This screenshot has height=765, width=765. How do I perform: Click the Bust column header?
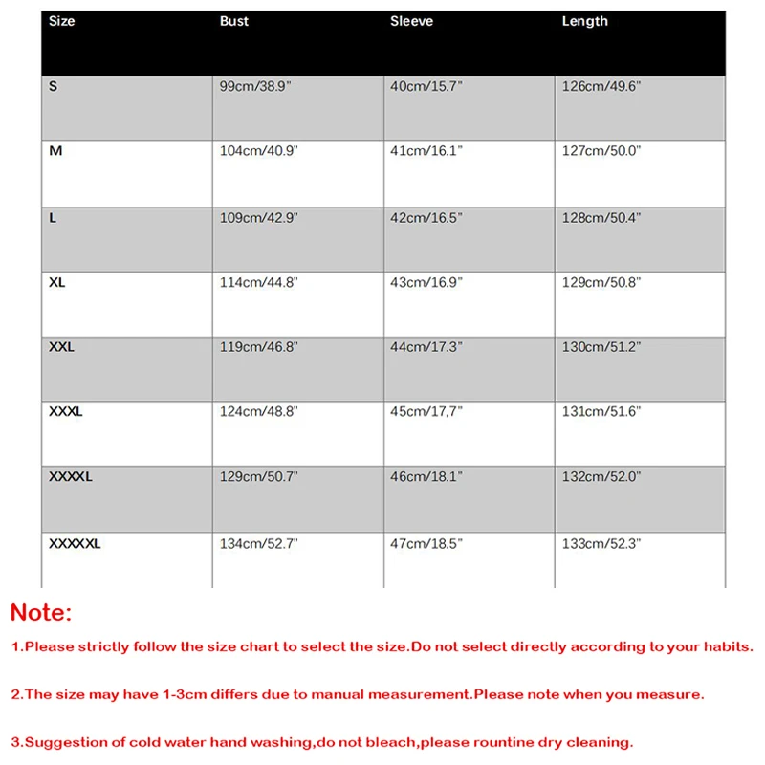(234, 21)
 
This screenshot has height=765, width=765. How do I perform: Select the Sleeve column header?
(411, 21)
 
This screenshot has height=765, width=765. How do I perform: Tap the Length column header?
(584, 21)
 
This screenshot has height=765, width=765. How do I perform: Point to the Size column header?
(61, 21)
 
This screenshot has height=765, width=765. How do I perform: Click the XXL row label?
(61, 347)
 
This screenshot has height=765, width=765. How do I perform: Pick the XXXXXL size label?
(75, 544)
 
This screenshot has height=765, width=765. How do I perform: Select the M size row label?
(55, 151)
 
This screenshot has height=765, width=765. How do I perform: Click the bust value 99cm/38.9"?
(259, 86)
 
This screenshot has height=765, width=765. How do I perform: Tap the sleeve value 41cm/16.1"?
(426, 151)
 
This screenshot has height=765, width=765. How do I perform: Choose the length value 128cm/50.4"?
(601, 217)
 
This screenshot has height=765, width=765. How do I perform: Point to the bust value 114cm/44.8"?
(259, 282)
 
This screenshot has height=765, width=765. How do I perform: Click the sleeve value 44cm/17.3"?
(426, 347)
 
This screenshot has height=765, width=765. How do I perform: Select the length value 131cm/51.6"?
(601, 412)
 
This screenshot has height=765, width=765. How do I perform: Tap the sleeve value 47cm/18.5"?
(426, 544)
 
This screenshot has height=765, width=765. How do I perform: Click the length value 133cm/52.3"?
(601, 544)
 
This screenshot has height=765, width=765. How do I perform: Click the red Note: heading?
(41, 612)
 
